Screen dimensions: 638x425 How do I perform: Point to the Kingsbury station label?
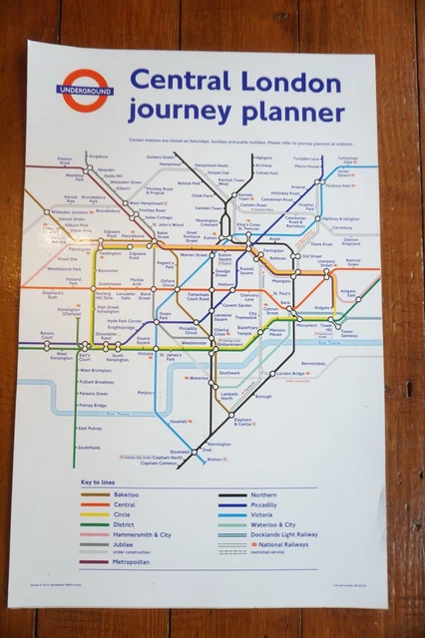click(x=98, y=157)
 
